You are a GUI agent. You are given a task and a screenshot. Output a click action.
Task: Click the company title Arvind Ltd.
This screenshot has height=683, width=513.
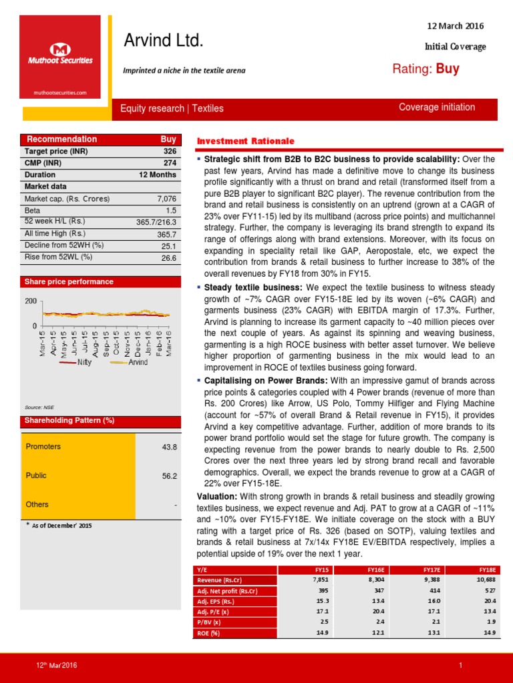[163, 41]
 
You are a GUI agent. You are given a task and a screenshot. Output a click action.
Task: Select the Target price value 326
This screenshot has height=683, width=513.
[170, 151]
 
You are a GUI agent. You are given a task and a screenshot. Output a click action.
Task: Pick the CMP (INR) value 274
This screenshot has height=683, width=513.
[170, 163]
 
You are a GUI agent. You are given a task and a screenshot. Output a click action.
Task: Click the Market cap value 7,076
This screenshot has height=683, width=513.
[166, 199]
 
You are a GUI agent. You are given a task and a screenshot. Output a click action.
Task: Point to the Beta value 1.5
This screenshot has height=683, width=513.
[171, 210]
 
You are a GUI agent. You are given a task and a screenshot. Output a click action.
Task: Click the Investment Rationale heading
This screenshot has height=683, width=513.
[245, 141]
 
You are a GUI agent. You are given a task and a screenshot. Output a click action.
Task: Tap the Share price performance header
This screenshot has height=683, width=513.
[69, 281]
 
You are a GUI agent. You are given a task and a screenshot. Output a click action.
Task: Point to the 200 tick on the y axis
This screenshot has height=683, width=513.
[30, 301]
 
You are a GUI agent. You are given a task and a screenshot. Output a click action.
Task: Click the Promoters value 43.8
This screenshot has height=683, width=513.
[169, 447]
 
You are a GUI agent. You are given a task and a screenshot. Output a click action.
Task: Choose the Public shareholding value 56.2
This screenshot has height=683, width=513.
[169, 476]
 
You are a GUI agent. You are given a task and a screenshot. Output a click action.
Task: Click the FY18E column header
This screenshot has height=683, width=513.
[487, 570]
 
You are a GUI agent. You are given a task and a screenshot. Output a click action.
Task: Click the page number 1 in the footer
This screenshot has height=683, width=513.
[461, 666]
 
